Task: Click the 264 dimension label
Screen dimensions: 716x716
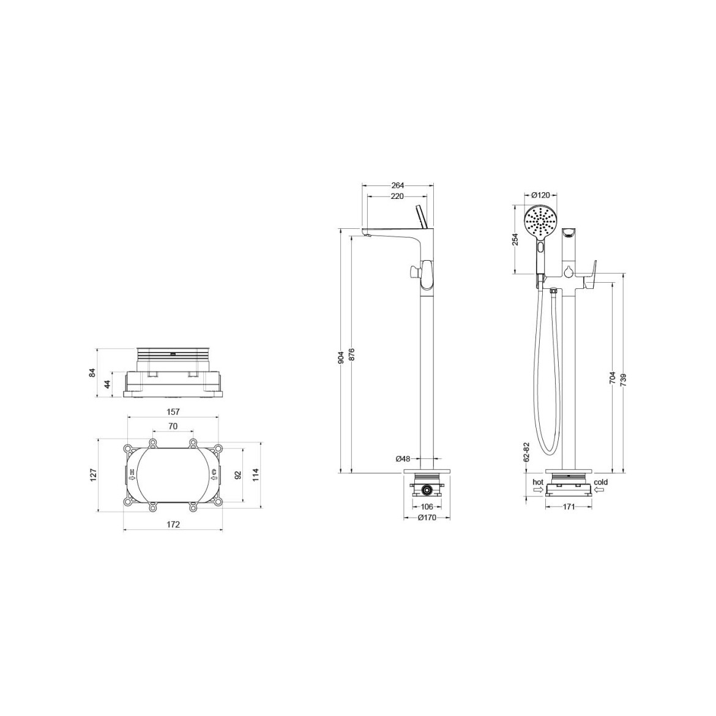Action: tap(398, 185)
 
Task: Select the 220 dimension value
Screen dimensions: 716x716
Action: tap(398, 196)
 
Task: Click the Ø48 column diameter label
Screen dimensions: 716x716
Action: tap(403, 458)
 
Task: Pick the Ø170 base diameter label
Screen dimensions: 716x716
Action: tap(427, 517)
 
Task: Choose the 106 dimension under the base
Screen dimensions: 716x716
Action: tap(427, 507)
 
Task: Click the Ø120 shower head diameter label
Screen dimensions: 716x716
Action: tap(540, 195)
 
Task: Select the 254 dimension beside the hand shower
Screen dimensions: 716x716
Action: tap(515, 240)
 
